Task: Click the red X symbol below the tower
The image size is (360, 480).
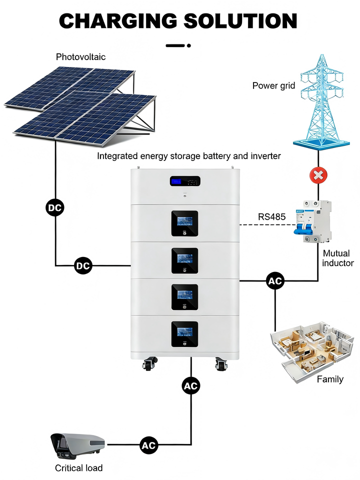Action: point(318,175)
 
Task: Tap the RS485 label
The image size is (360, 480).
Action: point(272,217)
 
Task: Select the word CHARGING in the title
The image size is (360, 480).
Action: point(118,21)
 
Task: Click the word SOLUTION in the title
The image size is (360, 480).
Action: point(240,21)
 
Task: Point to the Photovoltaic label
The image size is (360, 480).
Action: point(81,57)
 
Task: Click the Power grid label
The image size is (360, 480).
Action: point(273,85)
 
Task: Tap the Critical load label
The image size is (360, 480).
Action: point(78,468)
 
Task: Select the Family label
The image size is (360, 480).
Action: point(330,379)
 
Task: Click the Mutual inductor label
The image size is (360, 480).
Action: point(337,258)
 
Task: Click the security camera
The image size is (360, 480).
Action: point(77,446)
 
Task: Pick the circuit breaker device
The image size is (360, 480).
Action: point(313,221)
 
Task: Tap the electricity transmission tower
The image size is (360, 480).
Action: point(321,101)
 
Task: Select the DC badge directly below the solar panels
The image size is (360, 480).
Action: point(55,208)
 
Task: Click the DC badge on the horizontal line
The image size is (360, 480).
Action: point(83,265)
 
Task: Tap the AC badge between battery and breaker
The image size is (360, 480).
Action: point(275,280)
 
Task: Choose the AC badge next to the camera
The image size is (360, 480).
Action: point(149,445)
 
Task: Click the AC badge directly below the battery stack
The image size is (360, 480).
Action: point(191,386)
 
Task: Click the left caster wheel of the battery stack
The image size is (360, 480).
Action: point(149,363)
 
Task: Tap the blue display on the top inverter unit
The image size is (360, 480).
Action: point(175,181)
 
